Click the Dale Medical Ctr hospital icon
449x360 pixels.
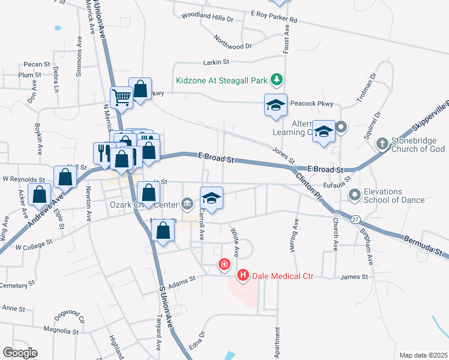[243, 275]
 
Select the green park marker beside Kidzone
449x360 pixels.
[276, 79]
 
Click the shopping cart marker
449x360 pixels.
[121, 97]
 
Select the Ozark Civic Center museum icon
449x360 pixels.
[187, 203]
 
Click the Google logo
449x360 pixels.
[20, 353]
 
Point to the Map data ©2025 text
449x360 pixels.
[423, 355]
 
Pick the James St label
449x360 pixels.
[354, 277]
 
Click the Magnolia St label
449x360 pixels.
[62, 330]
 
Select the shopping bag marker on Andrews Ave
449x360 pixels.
[65, 177]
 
